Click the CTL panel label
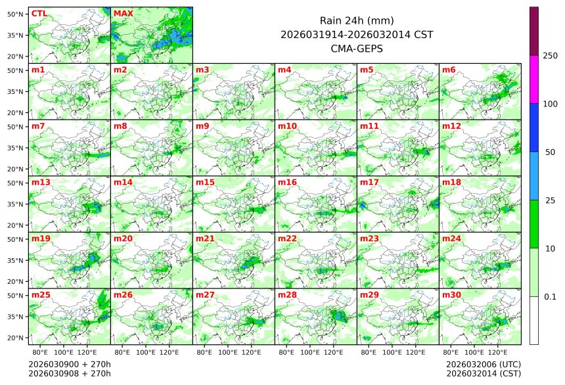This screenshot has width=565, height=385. tap(39, 13)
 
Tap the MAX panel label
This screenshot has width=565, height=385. tap(122, 13)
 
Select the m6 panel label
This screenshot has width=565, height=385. tap(449, 70)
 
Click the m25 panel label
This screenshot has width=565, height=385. tap(41, 295)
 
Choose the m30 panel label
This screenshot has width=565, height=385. tap(451, 295)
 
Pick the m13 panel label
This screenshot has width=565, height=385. tap(41, 182)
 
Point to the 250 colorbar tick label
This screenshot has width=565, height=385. tap(550, 56)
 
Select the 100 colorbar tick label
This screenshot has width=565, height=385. tap(550, 104)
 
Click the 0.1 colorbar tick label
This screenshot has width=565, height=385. tap(550, 296)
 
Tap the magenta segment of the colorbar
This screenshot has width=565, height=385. tap(534, 79)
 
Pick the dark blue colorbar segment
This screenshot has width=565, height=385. tap(534, 127)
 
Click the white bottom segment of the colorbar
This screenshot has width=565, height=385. tap(534, 320)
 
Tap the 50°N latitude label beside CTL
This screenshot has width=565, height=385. tap(16, 14)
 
